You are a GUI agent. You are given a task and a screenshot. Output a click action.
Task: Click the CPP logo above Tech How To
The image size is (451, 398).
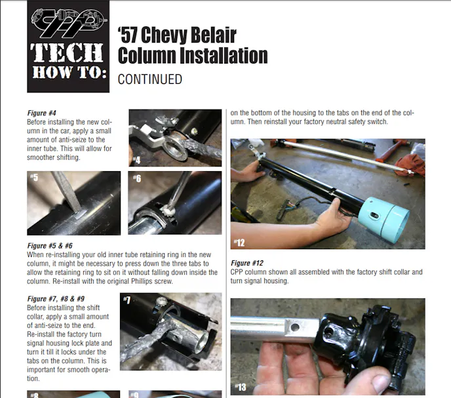(x=69, y=23)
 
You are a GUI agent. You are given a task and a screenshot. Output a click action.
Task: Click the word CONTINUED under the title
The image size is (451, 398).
(x=150, y=79)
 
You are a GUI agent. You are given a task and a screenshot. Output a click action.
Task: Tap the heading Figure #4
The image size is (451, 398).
(x=42, y=113)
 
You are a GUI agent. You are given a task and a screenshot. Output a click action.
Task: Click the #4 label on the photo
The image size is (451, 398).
(x=136, y=160)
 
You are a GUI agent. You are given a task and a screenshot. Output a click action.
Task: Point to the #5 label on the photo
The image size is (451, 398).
(x=34, y=177)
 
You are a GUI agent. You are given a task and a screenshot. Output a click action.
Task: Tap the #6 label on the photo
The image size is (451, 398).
(x=137, y=178)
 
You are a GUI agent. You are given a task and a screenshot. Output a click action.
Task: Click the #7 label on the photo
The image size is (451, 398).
(x=127, y=300)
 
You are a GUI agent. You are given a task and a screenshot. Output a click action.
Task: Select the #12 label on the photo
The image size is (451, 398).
(x=239, y=243)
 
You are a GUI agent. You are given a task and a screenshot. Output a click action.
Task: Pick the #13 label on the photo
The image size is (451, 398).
(x=241, y=387)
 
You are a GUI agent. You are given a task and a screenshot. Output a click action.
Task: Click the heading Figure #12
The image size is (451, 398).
(x=247, y=263)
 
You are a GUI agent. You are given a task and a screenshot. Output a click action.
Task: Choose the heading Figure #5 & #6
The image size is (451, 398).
(x=50, y=246)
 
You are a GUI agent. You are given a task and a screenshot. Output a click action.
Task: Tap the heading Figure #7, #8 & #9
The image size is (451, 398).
(x=56, y=299)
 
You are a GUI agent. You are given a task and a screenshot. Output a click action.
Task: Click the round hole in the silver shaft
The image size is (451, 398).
(x=295, y=327)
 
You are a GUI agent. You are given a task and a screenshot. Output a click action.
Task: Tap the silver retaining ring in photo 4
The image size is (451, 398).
(x=175, y=147)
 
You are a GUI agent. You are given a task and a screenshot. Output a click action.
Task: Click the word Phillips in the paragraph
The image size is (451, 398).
(x=142, y=281)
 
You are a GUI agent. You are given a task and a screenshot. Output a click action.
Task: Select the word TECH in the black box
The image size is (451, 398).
(x=67, y=52)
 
